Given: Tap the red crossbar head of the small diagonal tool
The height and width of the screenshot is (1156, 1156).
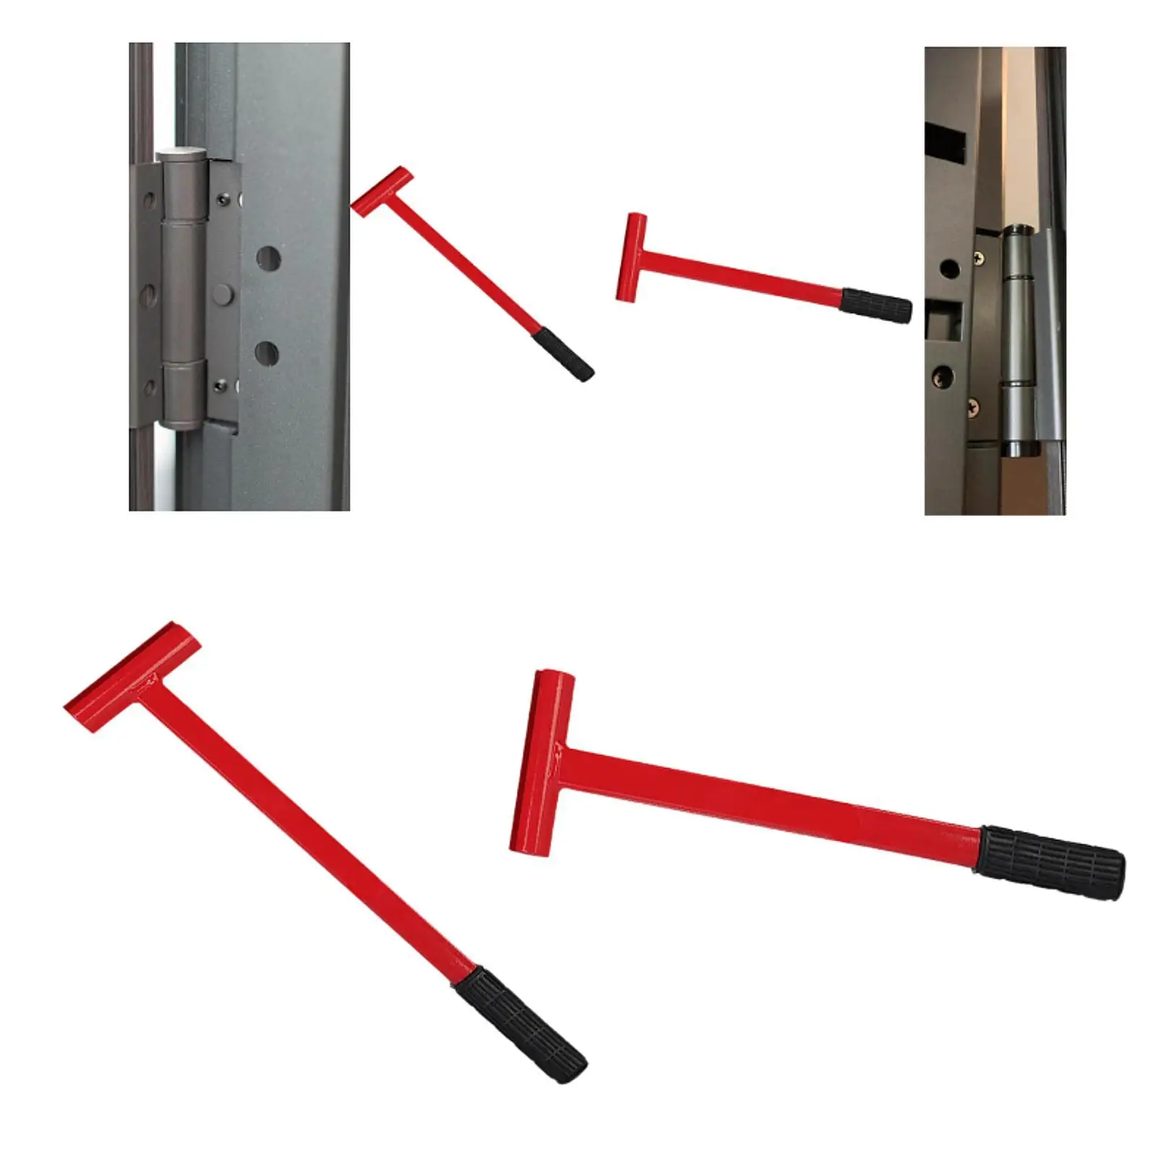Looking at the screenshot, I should [381, 191].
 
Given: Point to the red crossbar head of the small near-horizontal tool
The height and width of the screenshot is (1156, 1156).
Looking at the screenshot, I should [631, 256].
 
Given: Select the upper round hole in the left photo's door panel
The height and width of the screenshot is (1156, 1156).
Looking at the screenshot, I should [269, 258].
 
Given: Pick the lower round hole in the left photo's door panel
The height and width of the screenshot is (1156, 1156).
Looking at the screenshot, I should [266, 353].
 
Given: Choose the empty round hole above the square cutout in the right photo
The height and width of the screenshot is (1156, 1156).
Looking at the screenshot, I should [949, 269].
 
